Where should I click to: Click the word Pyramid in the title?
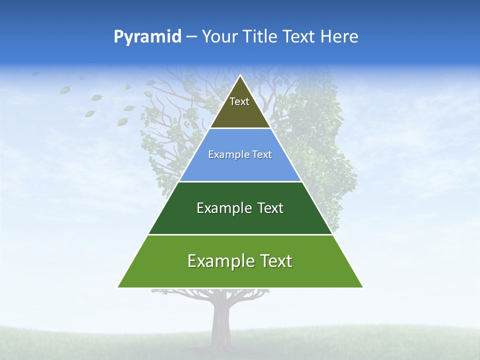coord(147,37)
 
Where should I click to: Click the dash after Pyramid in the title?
coord(191,37)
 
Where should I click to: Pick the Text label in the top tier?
coord(239,101)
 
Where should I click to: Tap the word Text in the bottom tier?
coord(275,261)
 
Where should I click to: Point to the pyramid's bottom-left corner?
coord(118,287)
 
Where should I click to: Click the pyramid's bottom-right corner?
coord(363,287)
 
